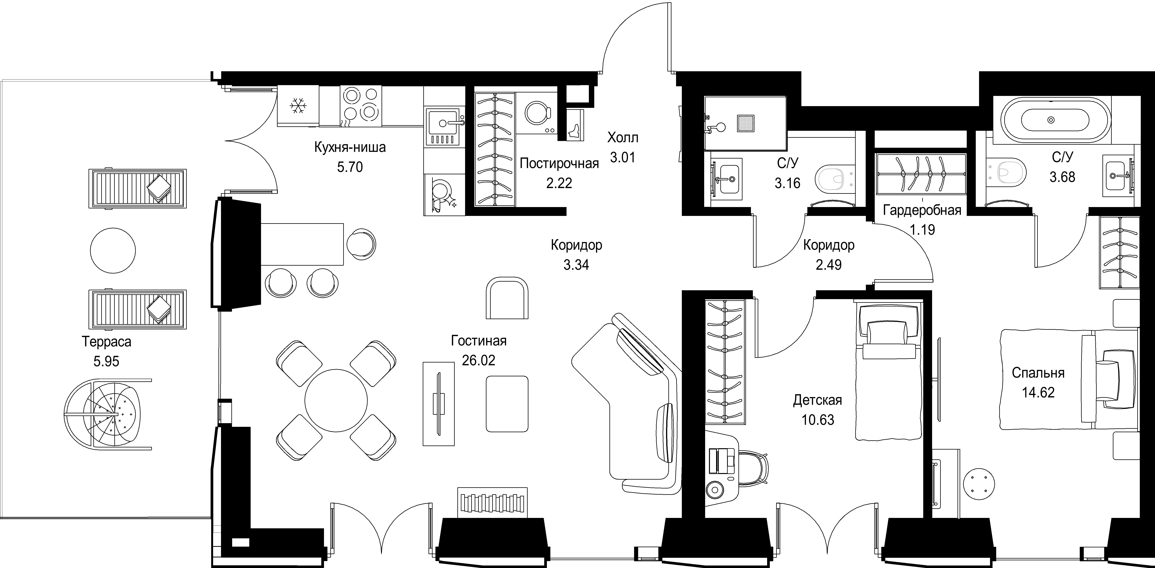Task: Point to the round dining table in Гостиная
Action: click(x=336, y=400)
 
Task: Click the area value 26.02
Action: click(x=478, y=360)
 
